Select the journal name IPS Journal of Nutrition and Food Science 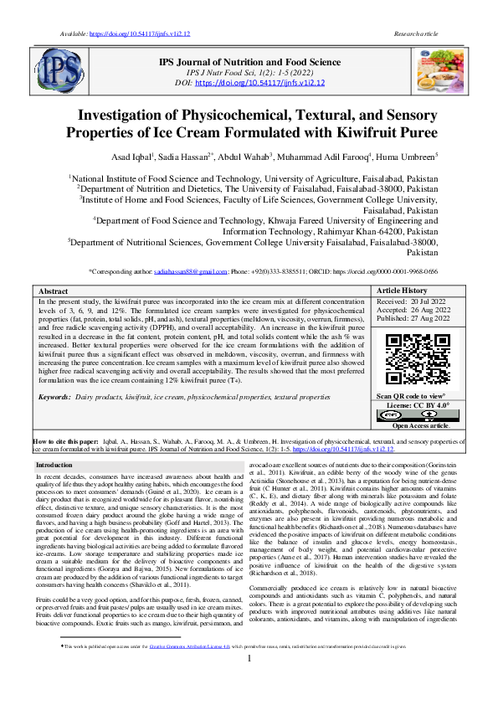[x=250, y=62]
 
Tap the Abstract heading [x=54, y=291]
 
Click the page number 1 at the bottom [x=249, y=682]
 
